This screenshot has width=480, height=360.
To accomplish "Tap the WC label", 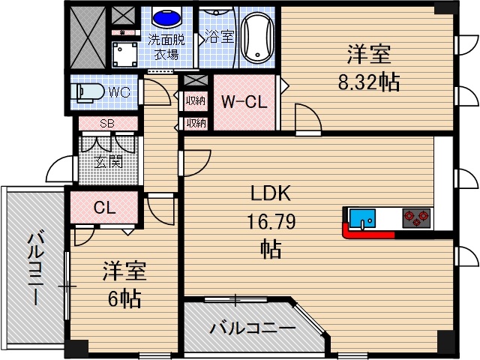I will pos(119,92).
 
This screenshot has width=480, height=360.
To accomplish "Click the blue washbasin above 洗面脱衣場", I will pos(163,16).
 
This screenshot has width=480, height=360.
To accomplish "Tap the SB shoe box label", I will pos(107,124).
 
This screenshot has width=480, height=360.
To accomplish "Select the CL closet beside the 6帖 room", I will pos(104,208).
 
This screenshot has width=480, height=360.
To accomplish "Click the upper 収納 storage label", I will pos(196,99).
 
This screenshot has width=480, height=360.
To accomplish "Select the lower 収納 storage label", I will pos(196,122).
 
